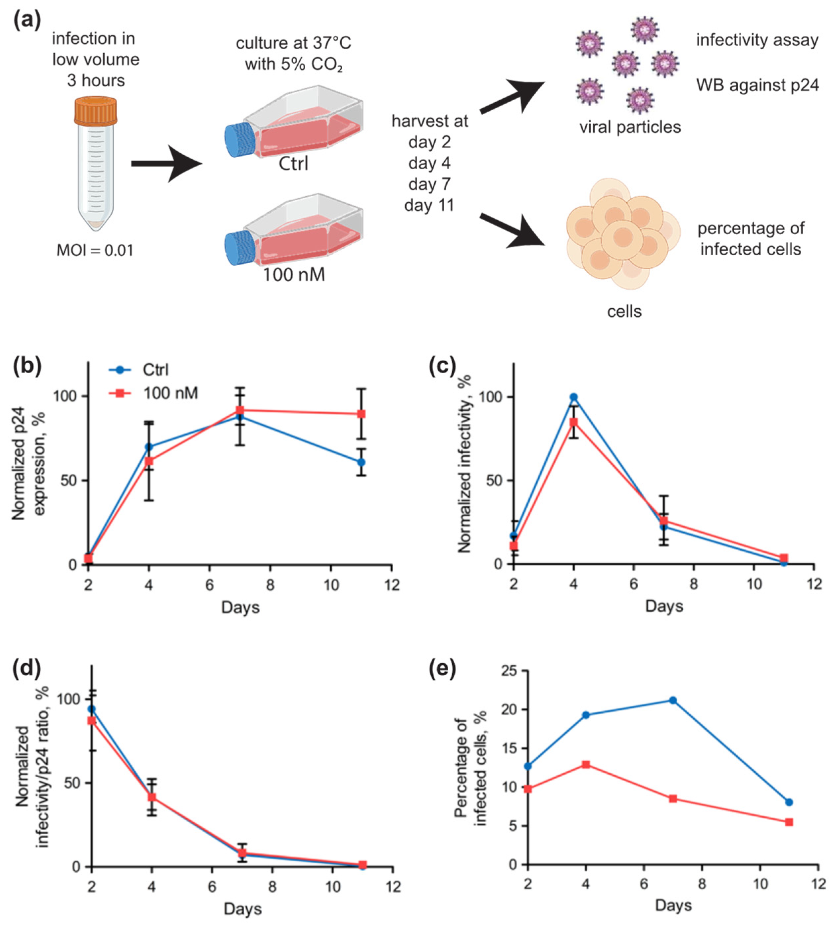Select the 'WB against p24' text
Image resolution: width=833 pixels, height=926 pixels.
(x=758, y=85)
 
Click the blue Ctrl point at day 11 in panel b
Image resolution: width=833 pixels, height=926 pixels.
(x=362, y=462)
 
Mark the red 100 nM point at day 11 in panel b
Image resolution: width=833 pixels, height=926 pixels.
(x=362, y=414)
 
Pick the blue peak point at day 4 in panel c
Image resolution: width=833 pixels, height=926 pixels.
(x=573, y=397)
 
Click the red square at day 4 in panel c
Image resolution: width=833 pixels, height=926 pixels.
(x=573, y=422)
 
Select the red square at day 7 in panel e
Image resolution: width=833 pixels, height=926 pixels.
(x=673, y=799)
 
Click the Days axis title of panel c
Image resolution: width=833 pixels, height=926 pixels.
(x=664, y=606)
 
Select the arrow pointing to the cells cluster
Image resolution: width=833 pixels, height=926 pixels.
(x=513, y=230)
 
